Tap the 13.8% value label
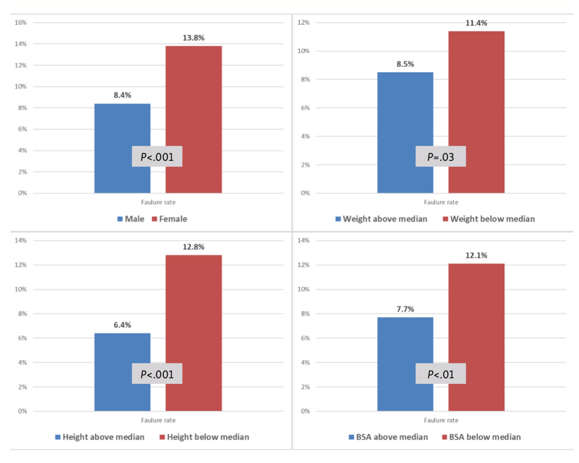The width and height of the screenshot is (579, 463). point(193,38)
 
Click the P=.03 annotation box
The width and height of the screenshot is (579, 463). point(441,156)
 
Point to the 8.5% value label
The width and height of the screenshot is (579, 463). point(405,64)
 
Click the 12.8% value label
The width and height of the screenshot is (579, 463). point(193,247)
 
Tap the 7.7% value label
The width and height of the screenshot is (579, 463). point(405,309)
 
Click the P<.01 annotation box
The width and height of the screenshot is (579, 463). point(441,374)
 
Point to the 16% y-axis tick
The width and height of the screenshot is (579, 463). point(21,23)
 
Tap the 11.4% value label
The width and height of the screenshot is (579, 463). point(476,23)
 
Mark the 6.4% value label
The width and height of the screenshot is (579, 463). point(122,325)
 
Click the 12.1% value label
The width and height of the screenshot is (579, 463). point(476,256)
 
